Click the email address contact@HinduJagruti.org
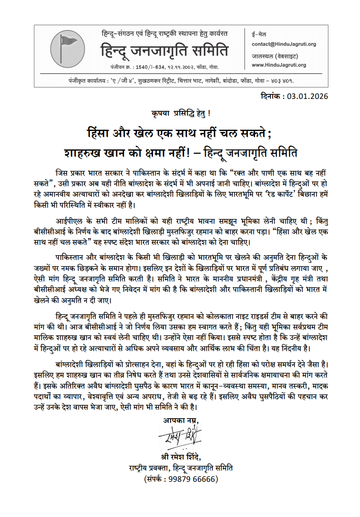pos(284,44)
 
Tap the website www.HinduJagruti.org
pos(279,65)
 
